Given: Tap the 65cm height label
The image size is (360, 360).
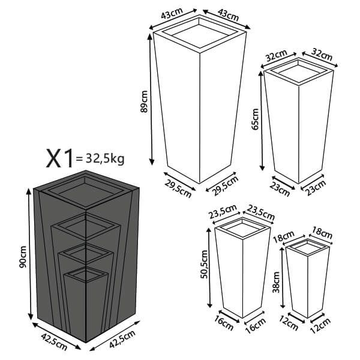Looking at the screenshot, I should tap(256, 119).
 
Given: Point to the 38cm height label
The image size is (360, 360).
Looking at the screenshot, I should tap(277, 280).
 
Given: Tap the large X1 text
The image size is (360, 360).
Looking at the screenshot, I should tap(60, 158).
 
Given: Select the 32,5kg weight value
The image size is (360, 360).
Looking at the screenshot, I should tap(105, 159).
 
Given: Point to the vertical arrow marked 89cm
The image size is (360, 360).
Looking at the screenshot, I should tap(151, 99).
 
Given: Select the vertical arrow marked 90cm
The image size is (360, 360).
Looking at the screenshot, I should tap(29, 255).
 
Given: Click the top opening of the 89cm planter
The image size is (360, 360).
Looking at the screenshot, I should tap(200, 31).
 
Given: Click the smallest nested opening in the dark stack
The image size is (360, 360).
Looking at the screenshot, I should tap(85, 275).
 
